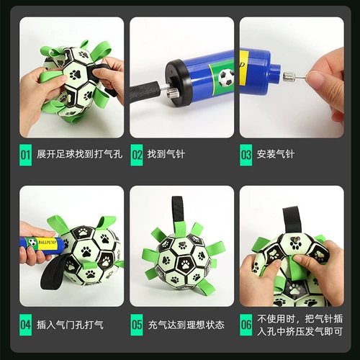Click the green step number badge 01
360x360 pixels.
point(25,154)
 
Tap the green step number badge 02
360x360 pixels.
point(136,154)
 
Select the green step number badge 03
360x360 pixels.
point(246,154)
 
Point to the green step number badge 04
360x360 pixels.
point(25,325)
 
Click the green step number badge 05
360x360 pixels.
point(136,325)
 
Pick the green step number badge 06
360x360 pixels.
point(246,325)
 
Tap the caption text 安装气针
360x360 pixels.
point(275,154)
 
